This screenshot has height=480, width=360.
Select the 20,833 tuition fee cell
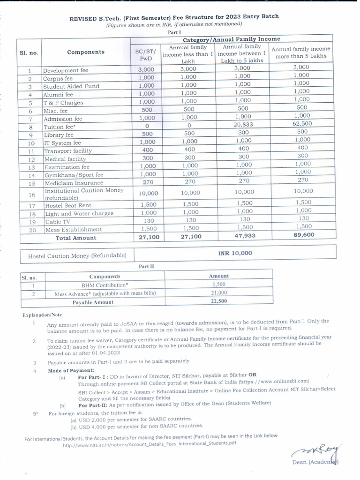pyautogui.click(x=243, y=125)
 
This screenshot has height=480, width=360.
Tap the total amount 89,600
pyautogui.click(x=303, y=235)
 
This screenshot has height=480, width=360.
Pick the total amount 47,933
pyautogui.click(x=244, y=236)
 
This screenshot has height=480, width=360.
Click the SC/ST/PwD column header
pyautogui.click(x=145, y=55)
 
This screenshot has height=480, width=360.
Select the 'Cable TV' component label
pyautogui.click(x=57, y=222)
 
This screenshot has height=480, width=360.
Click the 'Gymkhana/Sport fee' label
pyautogui.click(x=73, y=175)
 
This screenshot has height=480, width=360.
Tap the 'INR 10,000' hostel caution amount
pyautogui.click(x=235, y=253)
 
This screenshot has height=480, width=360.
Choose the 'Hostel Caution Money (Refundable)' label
pyautogui.click(x=77, y=255)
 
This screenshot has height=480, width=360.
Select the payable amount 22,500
pyautogui.click(x=219, y=301)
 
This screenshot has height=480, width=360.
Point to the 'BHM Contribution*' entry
pyautogui.click(x=105, y=285)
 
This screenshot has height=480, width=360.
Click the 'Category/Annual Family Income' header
pyautogui.click(x=232, y=39)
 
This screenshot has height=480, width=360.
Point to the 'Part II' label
pyautogui.click(x=146, y=266)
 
